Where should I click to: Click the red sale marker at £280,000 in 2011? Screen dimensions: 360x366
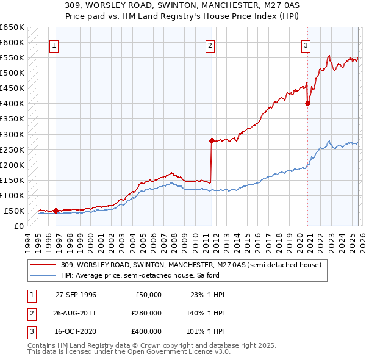click(x=212, y=140)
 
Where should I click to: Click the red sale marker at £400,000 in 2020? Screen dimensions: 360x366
click(x=307, y=103)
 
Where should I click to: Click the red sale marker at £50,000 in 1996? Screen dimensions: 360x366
click(x=56, y=211)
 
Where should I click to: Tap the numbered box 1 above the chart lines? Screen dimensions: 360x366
click(x=54, y=45)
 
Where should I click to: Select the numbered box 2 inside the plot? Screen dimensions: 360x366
click(x=210, y=45)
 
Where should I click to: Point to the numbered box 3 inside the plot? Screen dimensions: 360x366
click(x=305, y=45)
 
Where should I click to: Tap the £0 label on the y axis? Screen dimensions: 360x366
click(x=20, y=226)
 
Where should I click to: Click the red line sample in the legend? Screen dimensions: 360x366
click(x=44, y=265)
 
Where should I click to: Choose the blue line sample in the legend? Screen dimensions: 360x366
click(x=44, y=275)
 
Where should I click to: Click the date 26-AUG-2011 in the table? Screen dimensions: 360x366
click(x=76, y=313)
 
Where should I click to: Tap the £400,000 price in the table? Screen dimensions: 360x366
click(x=146, y=331)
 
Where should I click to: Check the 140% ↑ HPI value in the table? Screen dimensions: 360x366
click(x=206, y=313)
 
